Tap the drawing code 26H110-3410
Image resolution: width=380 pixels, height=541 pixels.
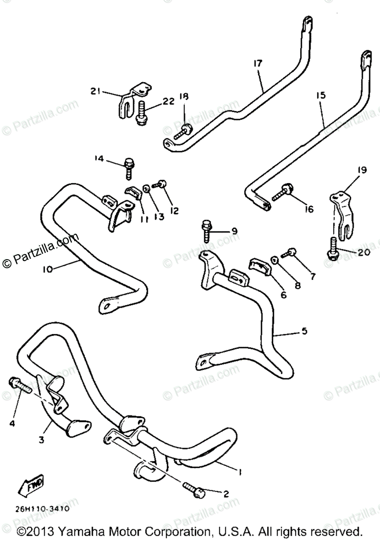pos(41,509)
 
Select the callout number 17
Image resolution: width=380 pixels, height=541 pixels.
pos(257,64)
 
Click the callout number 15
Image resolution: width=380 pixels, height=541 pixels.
pos(320,96)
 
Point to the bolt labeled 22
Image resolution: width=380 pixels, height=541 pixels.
pos(141,114)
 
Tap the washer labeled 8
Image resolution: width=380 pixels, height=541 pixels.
pos(274,261)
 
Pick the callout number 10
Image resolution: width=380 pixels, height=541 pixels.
pos(48,269)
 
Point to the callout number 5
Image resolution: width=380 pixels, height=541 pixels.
pos(304,331)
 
